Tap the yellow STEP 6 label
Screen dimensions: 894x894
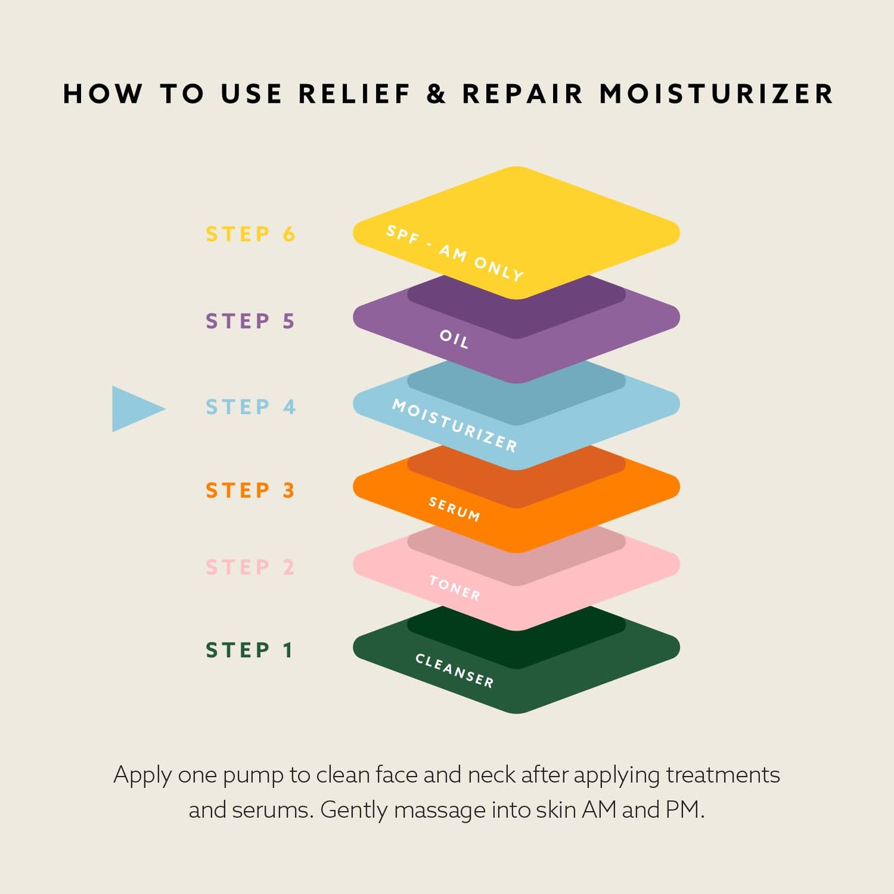(251, 234)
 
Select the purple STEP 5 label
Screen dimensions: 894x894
(251, 321)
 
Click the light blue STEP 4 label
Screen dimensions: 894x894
(251, 407)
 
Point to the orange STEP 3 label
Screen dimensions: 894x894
(251, 491)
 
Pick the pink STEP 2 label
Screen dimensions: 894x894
(251, 567)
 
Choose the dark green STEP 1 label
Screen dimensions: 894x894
(249, 650)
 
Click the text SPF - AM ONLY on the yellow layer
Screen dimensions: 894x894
(455, 253)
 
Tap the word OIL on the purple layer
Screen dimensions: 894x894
(454, 339)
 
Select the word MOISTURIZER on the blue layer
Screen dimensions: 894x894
(455, 426)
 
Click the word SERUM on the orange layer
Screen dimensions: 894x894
(454, 509)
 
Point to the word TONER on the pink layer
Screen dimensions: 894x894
(455, 588)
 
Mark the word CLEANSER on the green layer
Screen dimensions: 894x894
(455, 671)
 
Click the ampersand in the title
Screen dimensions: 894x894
(436, 93)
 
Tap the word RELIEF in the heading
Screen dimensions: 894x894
(355, 93)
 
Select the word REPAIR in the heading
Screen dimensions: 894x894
(522, 93)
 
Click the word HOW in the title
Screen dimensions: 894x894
(103, 93)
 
